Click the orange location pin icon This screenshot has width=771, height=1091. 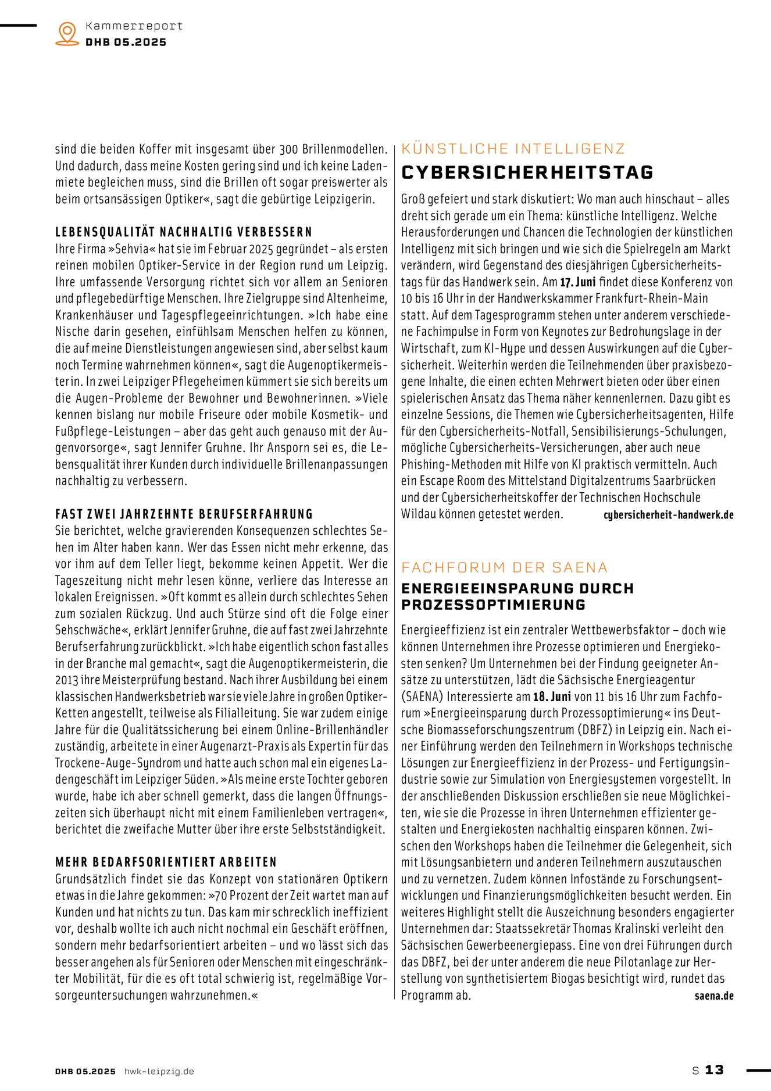(x=67, y=33)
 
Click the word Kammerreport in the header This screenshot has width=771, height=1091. (x=134, y=26)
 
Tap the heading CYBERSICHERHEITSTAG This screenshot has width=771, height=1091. (x=527, y=172)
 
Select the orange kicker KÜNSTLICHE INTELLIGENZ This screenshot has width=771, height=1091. (x=513, y=148)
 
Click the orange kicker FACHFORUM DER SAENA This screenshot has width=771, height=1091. (x=504, y=567)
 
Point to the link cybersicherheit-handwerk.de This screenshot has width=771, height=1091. (x=668, y=515)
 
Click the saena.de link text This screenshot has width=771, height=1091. (x=713, y=996)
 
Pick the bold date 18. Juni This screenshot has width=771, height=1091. (x=552, y=696)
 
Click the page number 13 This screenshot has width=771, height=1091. (x=714, y=1069)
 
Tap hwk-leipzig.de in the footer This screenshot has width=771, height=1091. (x=159, y=1071)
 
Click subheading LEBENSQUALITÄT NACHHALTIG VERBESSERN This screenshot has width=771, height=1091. (x=184, y=232)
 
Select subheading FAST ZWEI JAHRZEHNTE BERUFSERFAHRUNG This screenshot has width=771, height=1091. (x=184, y=514)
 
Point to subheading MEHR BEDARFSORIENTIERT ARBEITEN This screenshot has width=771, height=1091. (x=166, y=862)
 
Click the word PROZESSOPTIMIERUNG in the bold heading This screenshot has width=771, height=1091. (x=493, y=605)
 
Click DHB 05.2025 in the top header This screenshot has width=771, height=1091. (x=126, y=42)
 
